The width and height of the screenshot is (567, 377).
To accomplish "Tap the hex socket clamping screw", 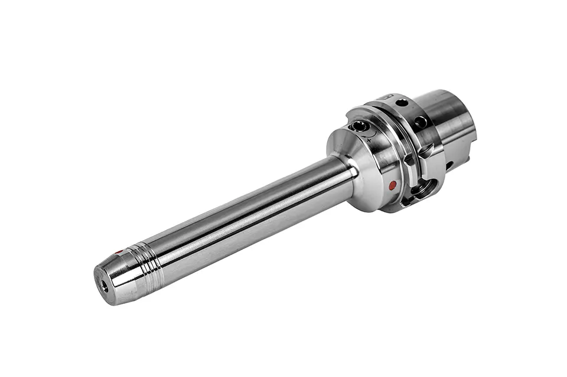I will pos(360,126).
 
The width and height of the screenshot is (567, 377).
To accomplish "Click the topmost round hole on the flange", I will pos(402,103).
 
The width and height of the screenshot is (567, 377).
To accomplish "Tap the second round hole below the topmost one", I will pos(421,122).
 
